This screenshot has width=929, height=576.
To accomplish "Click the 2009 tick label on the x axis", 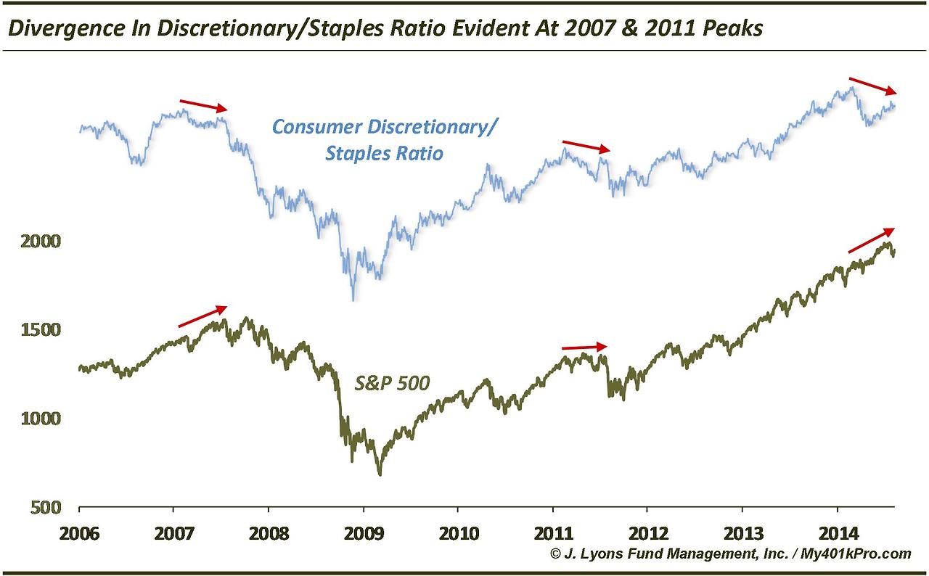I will [x=364, y=533].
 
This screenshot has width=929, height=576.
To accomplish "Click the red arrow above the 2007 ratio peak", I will [x=203, y=105].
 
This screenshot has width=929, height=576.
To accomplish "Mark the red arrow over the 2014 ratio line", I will [x=873, y=85].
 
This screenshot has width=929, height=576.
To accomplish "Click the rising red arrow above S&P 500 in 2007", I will [x=202, y=317].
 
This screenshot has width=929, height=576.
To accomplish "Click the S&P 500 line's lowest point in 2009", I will [x=380, y=474].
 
